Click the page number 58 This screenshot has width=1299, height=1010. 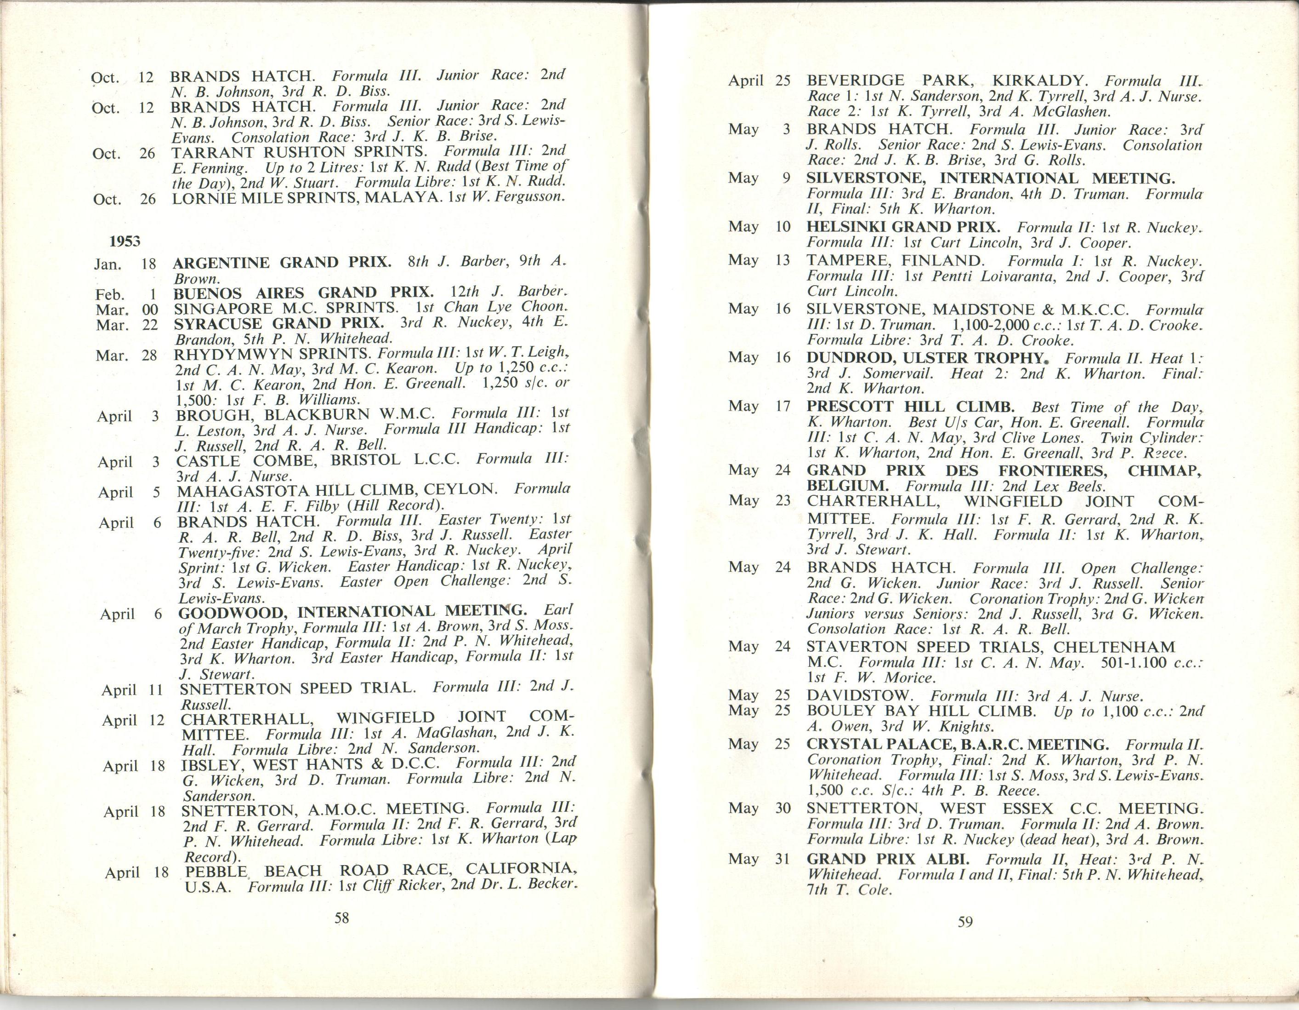[x=341, y=918]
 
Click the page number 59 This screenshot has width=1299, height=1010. [x=965, y=922]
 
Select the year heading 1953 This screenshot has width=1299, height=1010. [x=125, y=241]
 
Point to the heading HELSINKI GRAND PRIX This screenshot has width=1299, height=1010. [x=903, y=227]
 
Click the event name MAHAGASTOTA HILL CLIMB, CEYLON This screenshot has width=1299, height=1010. [x=337, y=490]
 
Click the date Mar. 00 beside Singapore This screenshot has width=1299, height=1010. [x=126, y=310]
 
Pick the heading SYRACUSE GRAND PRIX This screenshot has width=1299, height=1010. [x=279, y=324]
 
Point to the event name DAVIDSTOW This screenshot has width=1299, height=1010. [x=859, y=696]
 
